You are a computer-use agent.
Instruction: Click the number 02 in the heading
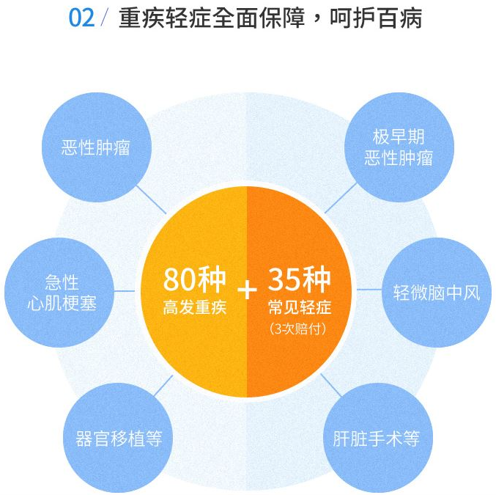(x=81, y=18)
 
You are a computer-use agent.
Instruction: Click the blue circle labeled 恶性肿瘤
(x=96, y=147)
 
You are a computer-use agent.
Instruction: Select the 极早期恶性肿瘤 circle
(x=399, y=147)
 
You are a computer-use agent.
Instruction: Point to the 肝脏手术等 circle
(x=376, y=438)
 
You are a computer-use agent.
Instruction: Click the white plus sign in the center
(x=247, y=290)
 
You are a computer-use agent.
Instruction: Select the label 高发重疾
(x=194, y=307)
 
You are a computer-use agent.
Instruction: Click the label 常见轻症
(x=298, y=307)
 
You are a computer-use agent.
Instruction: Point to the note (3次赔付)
(x=298, y=328)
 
